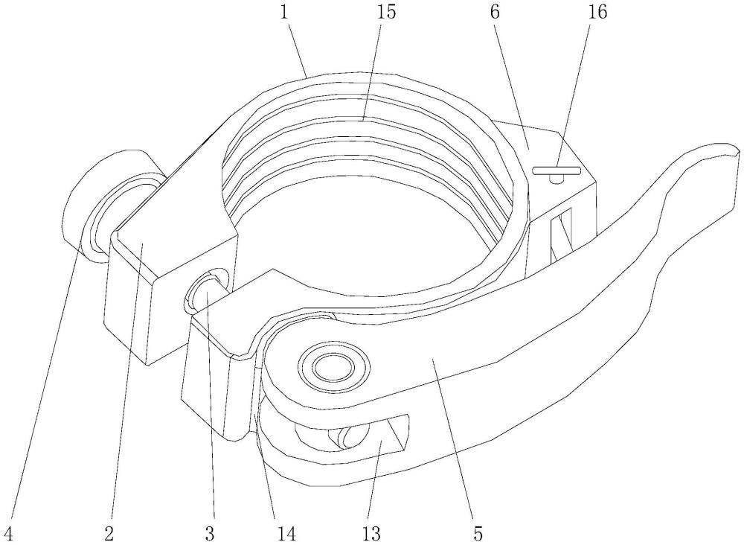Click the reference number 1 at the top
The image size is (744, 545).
click(285, 13)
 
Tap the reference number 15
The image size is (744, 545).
click(385, 13)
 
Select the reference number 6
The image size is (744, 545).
click(495, 13)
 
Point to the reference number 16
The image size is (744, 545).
click(597, 13)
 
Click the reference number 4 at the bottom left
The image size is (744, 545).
click(6, 534)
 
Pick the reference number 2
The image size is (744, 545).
click(109, 534)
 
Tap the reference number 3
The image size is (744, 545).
click(211, 534)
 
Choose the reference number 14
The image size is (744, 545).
click(286, 534)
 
